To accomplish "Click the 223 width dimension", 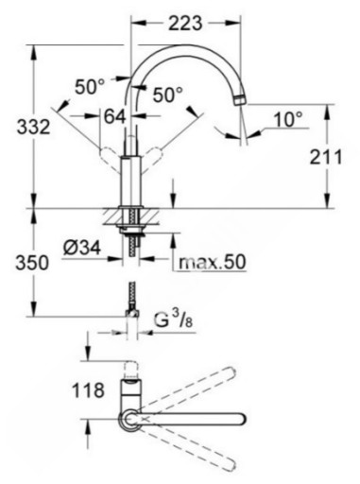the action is (x=185, y=23).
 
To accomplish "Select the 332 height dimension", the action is (x=33, y=128).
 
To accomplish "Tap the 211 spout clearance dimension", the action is (x=326, y=157).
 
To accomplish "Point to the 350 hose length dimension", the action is (x=32, y=263).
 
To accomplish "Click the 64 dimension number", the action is (x=115, y=116).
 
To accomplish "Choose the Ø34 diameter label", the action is (x=82, y=248).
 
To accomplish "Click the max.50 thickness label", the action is (x=212, y=262).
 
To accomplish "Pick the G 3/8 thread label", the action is (x=174, y=320).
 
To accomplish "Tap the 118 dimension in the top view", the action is (x=88, y=390).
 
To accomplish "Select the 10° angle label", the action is (x=288, y=120).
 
